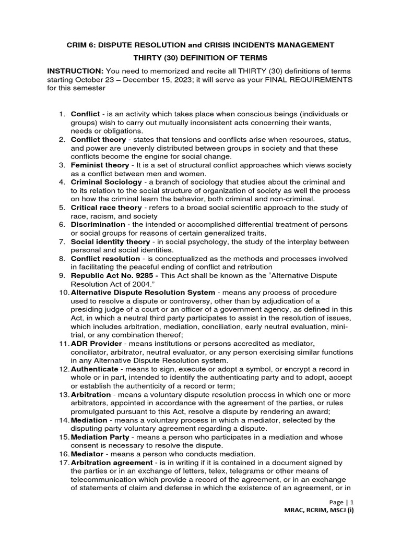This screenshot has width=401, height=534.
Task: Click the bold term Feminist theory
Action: [99, 165]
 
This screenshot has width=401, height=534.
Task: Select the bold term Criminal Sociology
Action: [106, 182]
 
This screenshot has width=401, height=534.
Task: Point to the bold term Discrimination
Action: [98, 224]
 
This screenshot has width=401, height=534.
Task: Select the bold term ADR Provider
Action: [96, 344]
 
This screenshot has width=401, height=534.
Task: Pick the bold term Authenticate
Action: [95, 369]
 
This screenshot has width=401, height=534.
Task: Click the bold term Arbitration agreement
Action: [111, 463]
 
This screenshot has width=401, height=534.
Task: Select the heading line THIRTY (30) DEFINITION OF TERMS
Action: [200, 57]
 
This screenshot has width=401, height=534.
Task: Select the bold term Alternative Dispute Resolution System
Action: [143, 293]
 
